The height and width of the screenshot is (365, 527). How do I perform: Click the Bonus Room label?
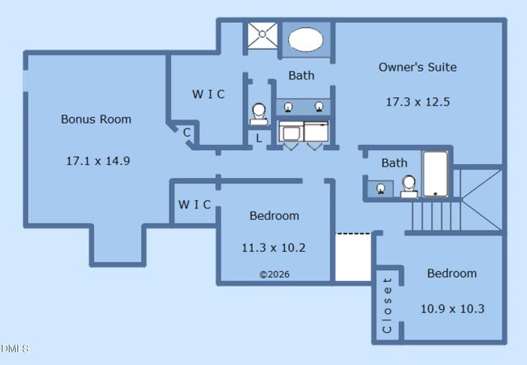pyautogui.click(x=96, y=119)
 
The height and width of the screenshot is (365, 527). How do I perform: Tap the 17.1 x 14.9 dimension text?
pyautogui.click(x=97, y=161)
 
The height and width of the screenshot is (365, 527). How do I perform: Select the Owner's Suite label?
pyautogui.click(x=417, y=67)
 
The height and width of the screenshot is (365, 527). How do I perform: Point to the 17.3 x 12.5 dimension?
pyautogui.click(x=417, y=102)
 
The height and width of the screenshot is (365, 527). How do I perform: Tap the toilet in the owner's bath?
pyautogui.click(x=259, y=113)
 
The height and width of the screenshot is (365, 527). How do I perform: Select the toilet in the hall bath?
pyautogui.click(x=408, y=186)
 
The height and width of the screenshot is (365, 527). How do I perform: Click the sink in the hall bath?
pyautogui.click(x=380, y=189)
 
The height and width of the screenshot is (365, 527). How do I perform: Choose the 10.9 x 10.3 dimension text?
pyautogui.click(x=452, y=308)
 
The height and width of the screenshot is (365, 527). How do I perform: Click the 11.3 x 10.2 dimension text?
pyautogui.click(x=273, y=247)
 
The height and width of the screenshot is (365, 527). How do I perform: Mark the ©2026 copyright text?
pyautogui.click(x=274, y=274)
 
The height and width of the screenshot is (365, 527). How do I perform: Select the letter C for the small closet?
pyautogui.click(x=187, y=132)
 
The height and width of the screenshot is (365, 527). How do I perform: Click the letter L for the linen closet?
pyautogui.click(x=259, y=138)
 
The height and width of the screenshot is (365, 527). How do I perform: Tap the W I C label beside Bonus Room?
pyautogui.click(x=208, y=94)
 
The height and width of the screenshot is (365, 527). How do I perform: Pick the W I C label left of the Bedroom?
pyautogui.click(x=194, y=204)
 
